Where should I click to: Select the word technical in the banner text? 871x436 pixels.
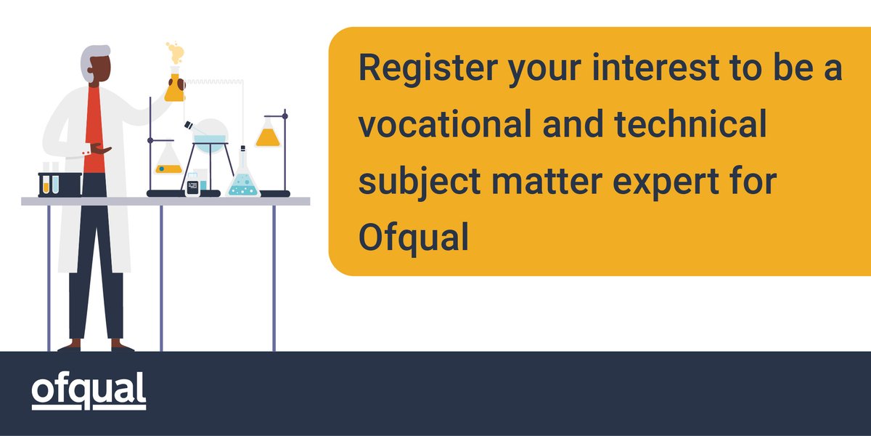point(692,127)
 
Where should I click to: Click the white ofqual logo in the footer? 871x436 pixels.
point(89,391)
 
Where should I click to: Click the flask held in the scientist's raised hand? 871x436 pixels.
point(174,85)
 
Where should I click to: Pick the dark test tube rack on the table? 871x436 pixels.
point(60,183)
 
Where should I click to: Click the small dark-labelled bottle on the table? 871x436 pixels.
point(192,185)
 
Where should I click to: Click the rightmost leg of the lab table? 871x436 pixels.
point(274,276)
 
